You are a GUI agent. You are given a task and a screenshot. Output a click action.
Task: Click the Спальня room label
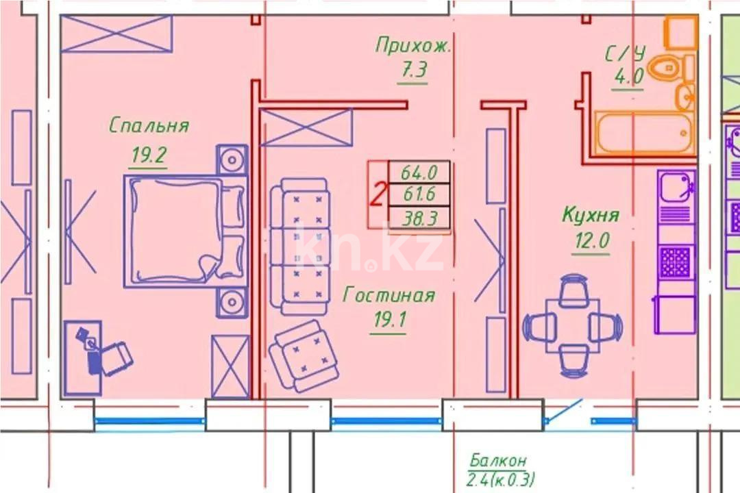[x=149, y=126]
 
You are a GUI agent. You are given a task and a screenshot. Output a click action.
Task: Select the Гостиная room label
[x=388, y=295]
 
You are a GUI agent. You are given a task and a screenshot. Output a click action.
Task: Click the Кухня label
[x=590, y=215]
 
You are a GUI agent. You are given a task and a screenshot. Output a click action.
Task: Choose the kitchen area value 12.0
[x=590, y=242]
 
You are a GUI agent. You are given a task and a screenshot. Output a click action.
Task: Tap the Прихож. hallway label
[x=413, y=46]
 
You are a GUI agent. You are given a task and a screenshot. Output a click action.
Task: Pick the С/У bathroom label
[x=625, y=54]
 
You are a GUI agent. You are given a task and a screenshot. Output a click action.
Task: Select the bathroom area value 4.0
[x=628, y=77]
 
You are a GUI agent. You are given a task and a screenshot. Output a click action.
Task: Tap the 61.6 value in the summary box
[x=419, y=194]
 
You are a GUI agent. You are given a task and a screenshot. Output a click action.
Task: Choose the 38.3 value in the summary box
[x=419, y=218]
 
